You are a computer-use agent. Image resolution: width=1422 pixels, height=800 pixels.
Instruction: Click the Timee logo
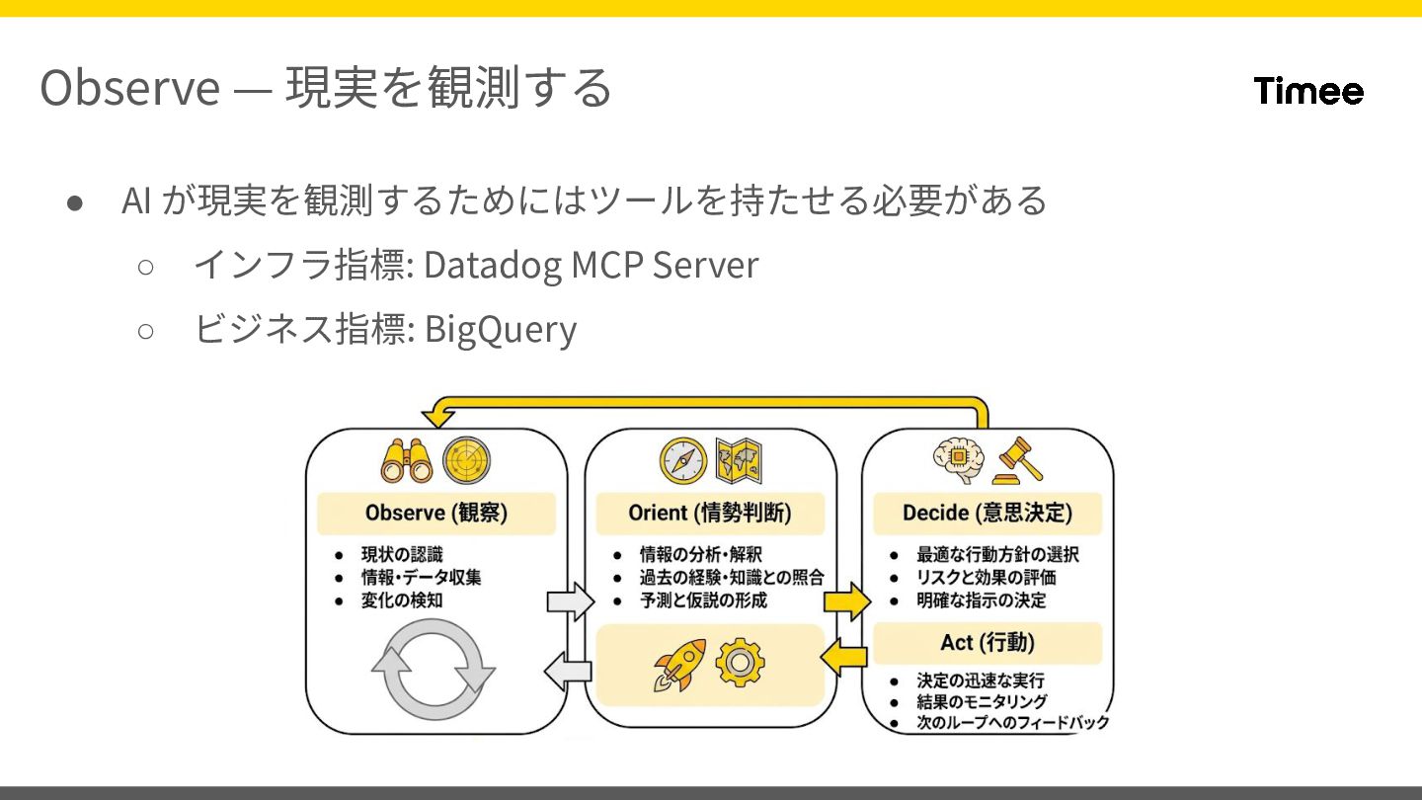tap(1308, 91)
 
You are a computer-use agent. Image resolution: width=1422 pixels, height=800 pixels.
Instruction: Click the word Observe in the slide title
tap(129, 88)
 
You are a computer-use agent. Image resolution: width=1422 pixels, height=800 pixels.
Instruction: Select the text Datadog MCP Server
tap(591, 265)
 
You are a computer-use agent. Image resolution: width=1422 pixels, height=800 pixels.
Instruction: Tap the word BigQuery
tap(500, 329)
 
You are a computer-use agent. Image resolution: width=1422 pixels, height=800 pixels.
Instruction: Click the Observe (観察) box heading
tap(435, 514)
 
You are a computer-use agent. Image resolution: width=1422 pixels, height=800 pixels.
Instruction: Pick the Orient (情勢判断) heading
tap(709, 514)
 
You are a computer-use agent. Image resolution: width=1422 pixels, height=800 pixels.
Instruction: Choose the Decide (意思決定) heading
tap(987, 514)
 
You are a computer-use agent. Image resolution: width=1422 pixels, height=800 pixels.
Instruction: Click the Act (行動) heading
tap(987, 643)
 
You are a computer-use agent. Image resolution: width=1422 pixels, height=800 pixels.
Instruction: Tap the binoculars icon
tap(407, 460)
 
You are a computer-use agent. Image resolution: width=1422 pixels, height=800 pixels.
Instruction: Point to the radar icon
tap(466, 460)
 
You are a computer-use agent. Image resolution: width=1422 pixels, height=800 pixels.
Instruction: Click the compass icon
tap(683, 460)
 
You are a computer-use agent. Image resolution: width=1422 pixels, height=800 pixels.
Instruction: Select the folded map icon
tap(742, 460)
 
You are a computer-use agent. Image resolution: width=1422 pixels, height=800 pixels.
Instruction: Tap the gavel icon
tap(1017, 460)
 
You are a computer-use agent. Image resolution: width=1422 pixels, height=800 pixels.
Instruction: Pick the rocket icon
tap(680, 664)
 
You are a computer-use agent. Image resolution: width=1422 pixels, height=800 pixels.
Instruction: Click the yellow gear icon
tap(739, 663)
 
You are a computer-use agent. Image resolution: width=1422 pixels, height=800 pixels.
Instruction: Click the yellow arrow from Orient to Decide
tap(847, 600)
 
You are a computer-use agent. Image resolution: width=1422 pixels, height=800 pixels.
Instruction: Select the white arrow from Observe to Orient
tap(571, 600)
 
